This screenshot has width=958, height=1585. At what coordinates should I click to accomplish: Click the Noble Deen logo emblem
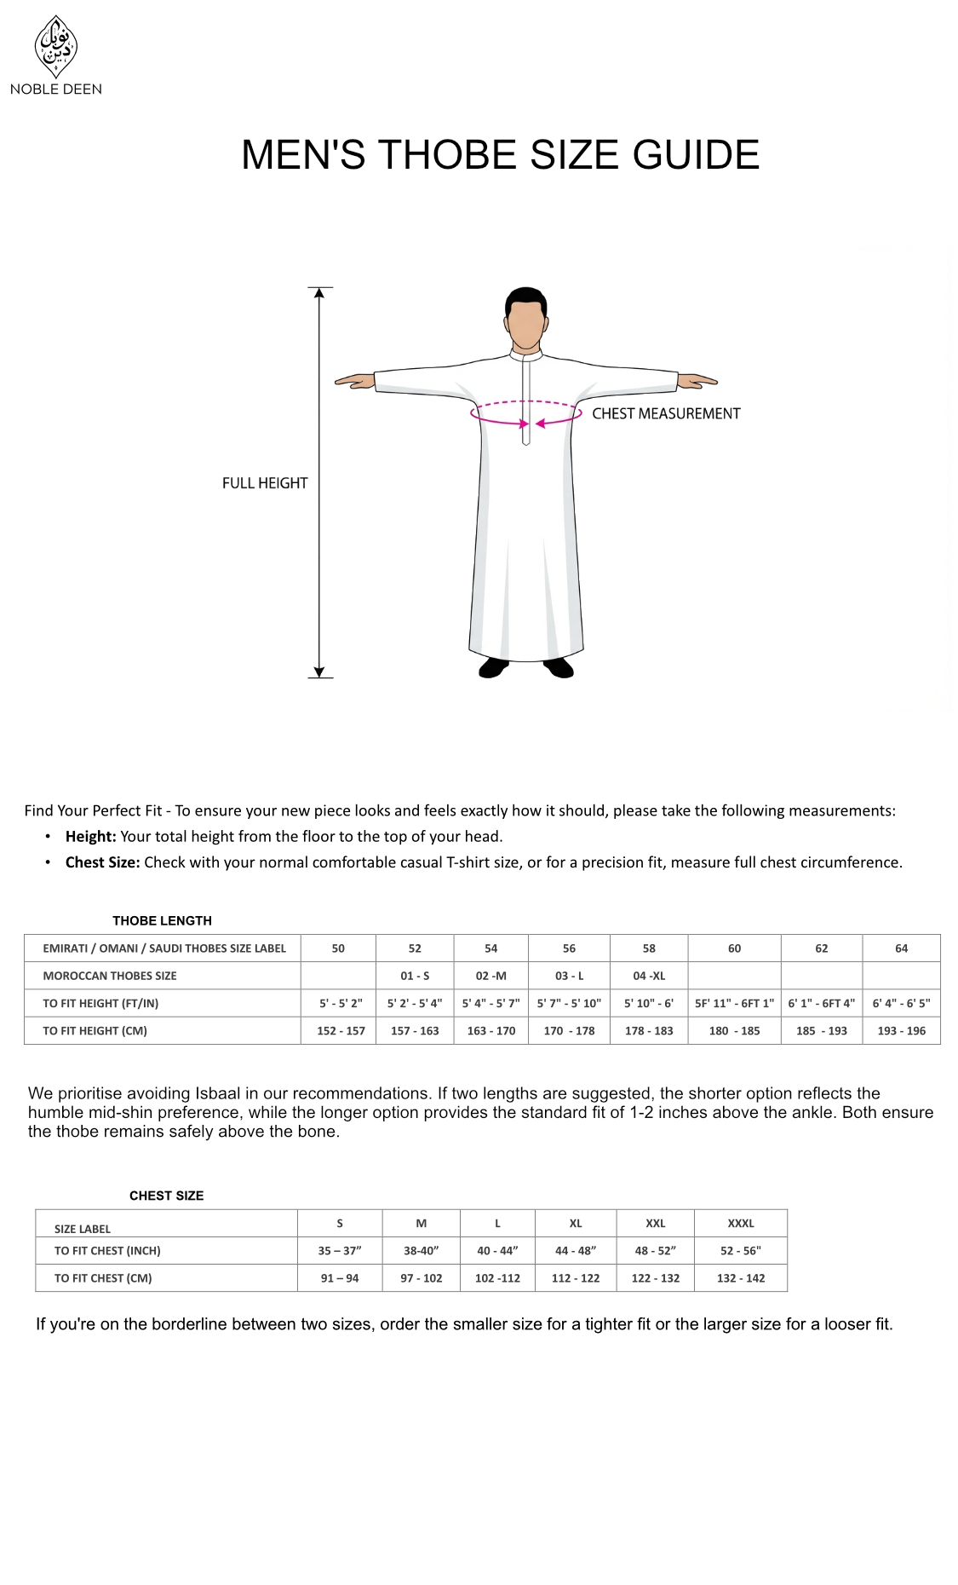[x=55, y=46]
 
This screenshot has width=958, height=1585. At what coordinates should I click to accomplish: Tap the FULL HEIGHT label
[x=264, y=483]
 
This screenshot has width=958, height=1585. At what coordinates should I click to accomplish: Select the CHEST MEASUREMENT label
[x=666, y=414]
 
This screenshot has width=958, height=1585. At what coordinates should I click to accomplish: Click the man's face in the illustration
[x=525, y=325]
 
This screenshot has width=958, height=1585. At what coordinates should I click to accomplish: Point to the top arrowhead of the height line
[x=319, y=293]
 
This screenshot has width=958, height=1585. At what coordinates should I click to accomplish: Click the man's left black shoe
[x=494, y=667]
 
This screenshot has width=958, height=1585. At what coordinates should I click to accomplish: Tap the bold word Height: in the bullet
[x=90, y=837]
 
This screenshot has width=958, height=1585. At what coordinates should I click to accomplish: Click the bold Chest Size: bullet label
[x=102, y=862]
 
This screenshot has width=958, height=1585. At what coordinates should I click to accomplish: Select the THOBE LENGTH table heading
[x=162, y=920]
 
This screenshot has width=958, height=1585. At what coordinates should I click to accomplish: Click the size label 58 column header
[x=649, y=948]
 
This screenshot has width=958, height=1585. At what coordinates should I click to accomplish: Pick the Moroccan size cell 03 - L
[x=569, y=976]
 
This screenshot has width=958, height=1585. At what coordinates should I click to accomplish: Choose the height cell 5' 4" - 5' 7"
[x=490, y=1003]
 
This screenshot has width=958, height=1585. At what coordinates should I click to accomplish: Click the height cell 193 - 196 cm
[x=901, y=1030]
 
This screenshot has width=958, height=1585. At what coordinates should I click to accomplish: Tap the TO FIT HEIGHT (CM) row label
[x=95, y=1030]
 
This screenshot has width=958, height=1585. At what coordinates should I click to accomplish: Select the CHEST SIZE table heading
[x=166, y=1196]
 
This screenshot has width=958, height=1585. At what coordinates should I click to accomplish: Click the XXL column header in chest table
[x=655, y=1223]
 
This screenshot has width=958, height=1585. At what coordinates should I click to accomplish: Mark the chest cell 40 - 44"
[x=497, y=1250]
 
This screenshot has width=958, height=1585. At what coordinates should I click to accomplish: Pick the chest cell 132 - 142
[x=741, y=1278]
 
